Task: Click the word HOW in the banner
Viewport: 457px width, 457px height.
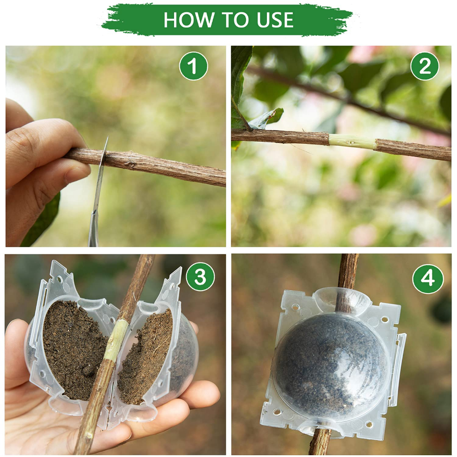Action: coord(188,20)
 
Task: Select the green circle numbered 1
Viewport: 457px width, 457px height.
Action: coord(193,66)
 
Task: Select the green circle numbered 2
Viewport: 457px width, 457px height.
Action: coord(425,66)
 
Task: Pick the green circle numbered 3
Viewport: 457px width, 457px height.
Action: coord(200,276)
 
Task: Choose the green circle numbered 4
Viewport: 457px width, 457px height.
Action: coord(428,278)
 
